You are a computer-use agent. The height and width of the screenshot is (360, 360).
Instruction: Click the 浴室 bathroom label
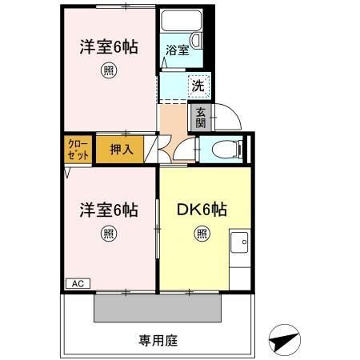pyautogui.click(x=178, y=50)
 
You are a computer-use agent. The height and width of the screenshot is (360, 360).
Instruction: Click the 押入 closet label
pyautogui.click(x=120, y=150)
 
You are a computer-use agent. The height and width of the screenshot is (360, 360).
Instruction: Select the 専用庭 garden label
pyautogui.click(x=158, y=339)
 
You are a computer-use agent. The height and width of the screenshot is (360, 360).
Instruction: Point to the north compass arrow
pyautogui.click(x=284, y=339)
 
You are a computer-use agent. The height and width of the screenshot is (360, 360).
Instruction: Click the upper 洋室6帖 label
pyautogui.click(x=108, y=47)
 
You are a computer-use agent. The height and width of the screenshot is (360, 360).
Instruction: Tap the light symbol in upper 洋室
pyautogui.click(x=108, y=72)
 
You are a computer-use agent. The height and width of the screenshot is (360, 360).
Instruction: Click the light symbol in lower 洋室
pyautogui.click(x=108, y=234)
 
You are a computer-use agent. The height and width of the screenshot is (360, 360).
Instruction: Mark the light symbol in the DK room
pyautogui.click(x=202, y=234)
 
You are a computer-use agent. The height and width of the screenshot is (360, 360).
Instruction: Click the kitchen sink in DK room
pyautogui.click(x=240, y=242)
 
